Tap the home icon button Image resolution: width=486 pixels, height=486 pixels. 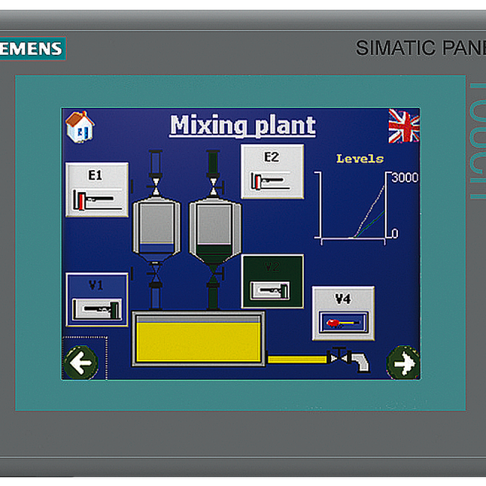click(80, 127)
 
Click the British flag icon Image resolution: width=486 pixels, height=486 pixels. click(404, 126)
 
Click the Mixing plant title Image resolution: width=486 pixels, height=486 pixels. click(242, 125)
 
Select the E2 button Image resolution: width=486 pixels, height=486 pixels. click(272, 171)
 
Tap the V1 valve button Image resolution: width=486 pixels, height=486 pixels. click(97, 299)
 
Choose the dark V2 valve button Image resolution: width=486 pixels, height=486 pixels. click(272, 281)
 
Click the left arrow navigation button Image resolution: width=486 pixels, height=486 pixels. click(81, 363)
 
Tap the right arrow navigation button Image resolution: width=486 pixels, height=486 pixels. click(403, 363)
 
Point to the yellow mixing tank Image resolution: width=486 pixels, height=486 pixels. click(198, 339)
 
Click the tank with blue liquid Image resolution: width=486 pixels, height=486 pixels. click(156, 228)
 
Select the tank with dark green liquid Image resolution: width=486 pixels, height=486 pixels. click(214, 228)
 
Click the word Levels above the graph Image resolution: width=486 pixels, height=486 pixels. click(360, 159)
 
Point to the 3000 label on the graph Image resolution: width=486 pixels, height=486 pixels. click(405, 178)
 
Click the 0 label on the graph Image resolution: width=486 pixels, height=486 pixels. click(395, 233)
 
